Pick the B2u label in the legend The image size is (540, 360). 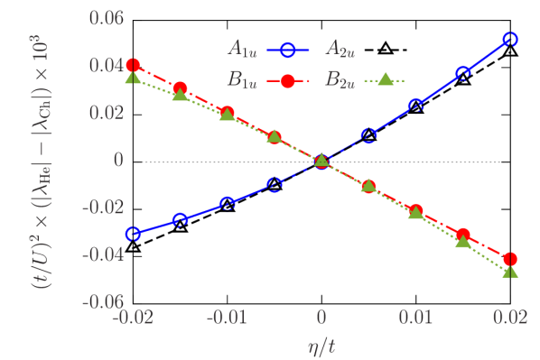339,80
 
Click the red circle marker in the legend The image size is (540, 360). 287,80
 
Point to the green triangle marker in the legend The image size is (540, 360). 384,79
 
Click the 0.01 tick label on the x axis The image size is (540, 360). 415,318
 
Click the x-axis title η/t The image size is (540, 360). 320,344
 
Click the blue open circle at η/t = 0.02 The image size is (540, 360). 510,39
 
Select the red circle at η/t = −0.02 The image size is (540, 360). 134,65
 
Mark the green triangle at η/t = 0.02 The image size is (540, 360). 510,271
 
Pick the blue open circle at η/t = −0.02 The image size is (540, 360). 134,234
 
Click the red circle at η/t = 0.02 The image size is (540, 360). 510,259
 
